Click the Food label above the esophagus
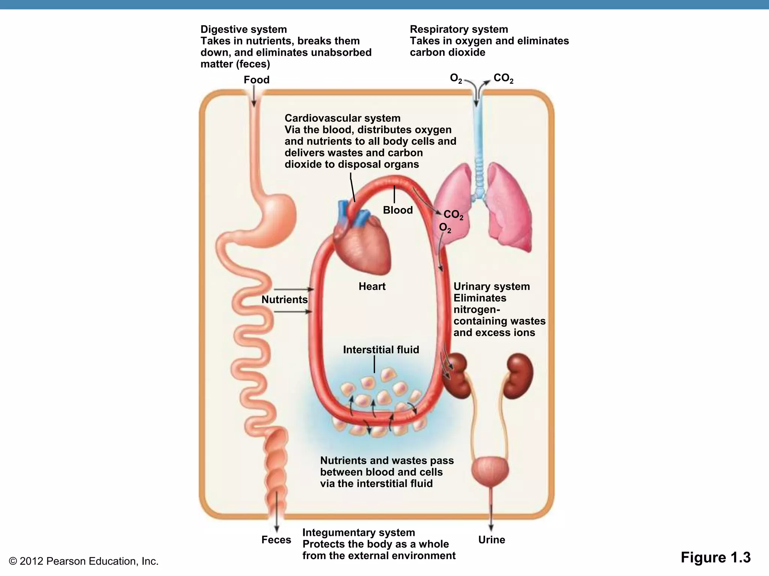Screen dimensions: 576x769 [x=256, y=80]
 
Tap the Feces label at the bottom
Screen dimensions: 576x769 [x=276, y=540]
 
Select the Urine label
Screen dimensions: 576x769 [x=492, y=540]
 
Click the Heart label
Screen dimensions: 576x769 [x=372, y=286]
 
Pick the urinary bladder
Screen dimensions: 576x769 [x=490, y=471]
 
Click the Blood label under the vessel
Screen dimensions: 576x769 [x=398, y=210]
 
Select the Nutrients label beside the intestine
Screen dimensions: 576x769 [x=284, y=300]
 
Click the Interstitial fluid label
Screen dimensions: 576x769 [x=381, y=350]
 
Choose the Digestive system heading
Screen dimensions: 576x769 [x=243, y=29]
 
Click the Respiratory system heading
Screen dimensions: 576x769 [x=458, y=29]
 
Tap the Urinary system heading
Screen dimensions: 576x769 [x=492, y=286]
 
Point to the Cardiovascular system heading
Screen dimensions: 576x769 [x=342, y=118]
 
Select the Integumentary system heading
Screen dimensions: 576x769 [x=358, y=532]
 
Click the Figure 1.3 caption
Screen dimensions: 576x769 [x=715, y=557]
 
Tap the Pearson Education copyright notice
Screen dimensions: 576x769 [x=83, y=561]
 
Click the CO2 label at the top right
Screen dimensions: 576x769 [x=503, y=78]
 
